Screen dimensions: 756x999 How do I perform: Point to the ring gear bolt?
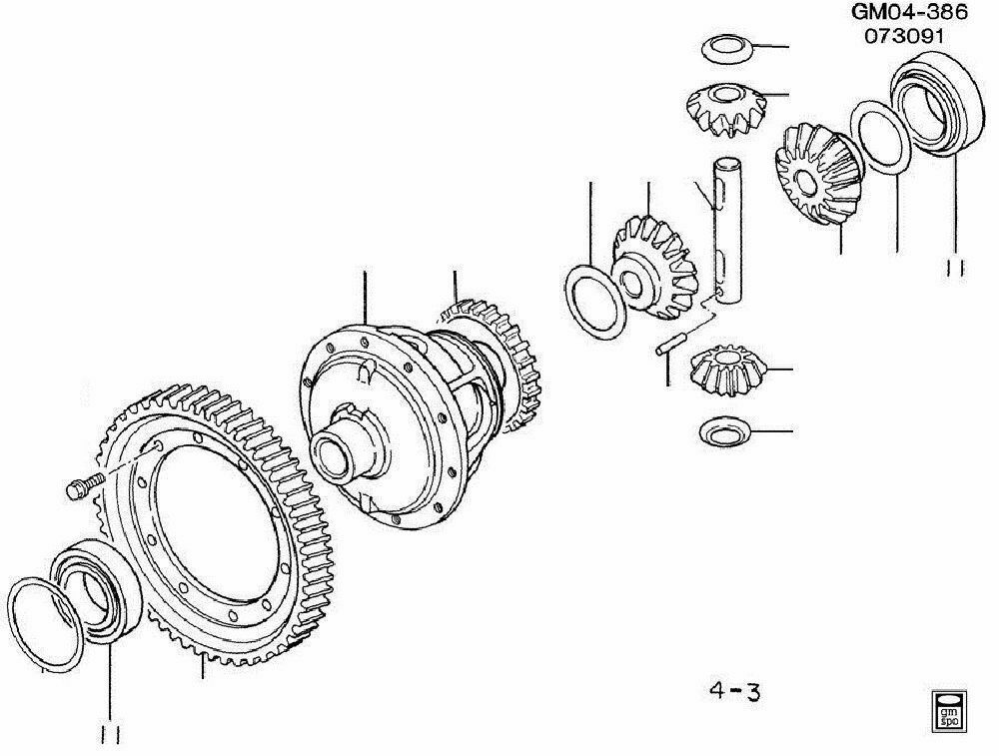click(x=82, y=488)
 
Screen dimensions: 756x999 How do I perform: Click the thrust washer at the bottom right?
click(x=727, y=431)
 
